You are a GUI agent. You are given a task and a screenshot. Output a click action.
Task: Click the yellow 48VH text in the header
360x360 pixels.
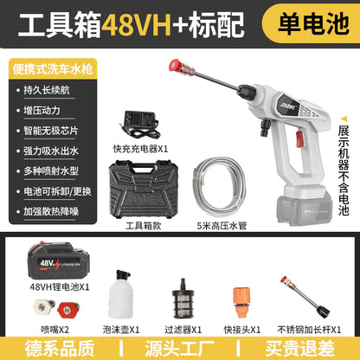[x=138, y=24]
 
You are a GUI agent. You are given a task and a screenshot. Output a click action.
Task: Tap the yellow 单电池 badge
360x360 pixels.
[x=312, y=23]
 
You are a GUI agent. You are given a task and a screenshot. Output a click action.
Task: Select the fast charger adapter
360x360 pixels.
[x=140, y=125]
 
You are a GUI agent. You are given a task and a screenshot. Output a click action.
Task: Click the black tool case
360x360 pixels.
[x=144, y=189]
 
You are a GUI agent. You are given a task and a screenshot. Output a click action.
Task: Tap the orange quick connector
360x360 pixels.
[x=241, y=302]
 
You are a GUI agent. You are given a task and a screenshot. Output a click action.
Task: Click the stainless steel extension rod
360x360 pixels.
[x=305, y=297]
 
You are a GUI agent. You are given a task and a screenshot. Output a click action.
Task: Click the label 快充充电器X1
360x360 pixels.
[x=140, y=149]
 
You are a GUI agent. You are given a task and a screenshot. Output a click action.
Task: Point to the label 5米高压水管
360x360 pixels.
[x=222, y=226]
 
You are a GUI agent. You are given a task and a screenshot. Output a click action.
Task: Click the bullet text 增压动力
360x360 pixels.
[x=42, y=110]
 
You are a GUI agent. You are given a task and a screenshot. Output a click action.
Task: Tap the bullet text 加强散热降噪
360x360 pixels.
[x=51, y=211]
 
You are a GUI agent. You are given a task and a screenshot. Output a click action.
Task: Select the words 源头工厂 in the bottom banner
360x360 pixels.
[x=179, y=349]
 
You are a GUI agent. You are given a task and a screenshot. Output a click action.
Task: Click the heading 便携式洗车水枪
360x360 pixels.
[x=53, y=69]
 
